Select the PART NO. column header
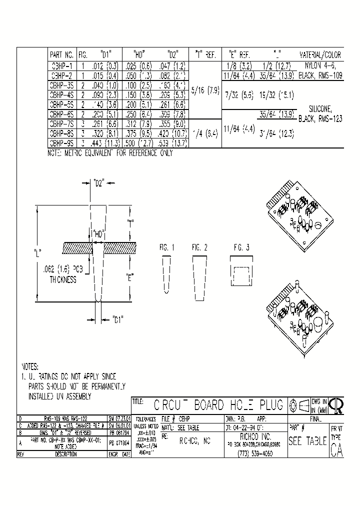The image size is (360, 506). coord(61,55)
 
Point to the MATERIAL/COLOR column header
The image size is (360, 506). coord(319,55)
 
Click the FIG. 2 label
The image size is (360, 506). coord(199,247)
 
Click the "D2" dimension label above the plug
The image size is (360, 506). coord(98,183)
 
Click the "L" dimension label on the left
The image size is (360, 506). coord(37,251)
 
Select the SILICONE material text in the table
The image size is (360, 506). coord(319,107)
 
